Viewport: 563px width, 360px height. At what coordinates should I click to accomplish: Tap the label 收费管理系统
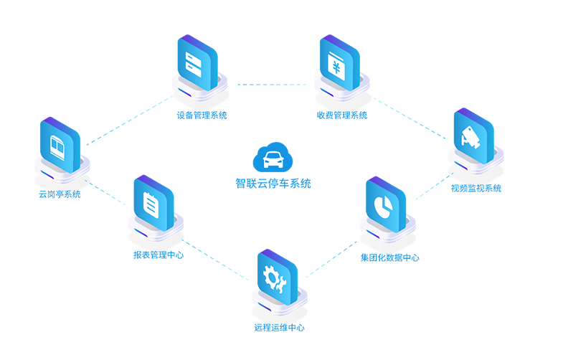[x=342, y=115]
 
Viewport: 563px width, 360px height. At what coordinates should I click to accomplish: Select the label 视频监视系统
[x=476, y=189]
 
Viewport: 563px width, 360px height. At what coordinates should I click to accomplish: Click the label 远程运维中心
[x=279, y=328]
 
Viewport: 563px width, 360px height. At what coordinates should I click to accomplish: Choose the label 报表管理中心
[x=158, y=255]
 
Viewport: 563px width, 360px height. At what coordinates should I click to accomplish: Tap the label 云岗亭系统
[x=60, y=194]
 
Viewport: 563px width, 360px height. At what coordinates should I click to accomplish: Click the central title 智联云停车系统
[x=273, y=184]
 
